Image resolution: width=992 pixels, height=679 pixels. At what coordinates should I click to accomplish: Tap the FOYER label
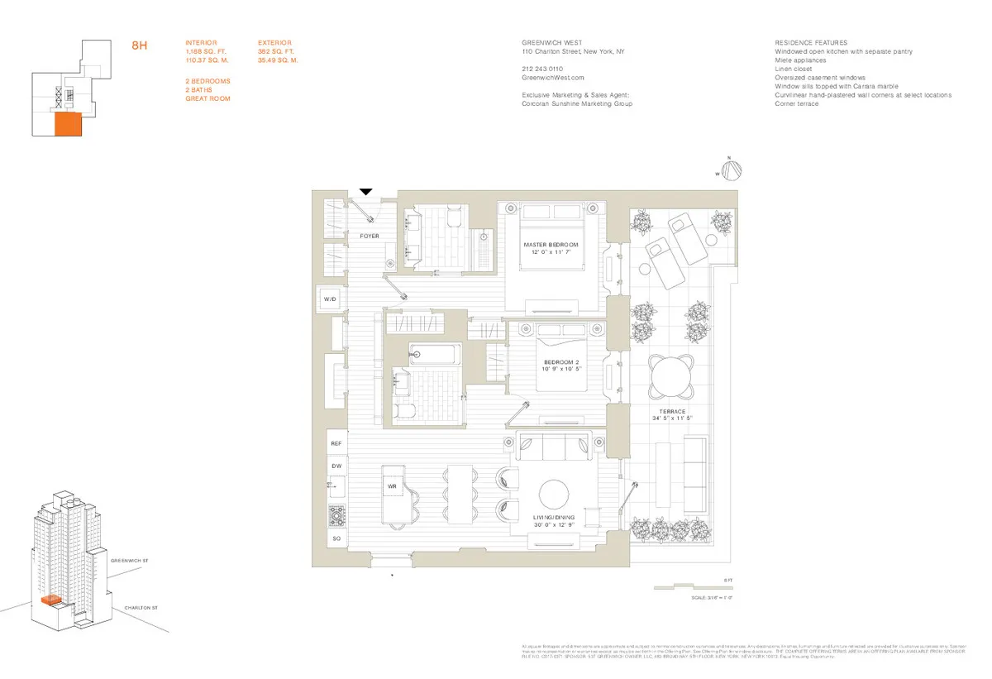tap(369, 236)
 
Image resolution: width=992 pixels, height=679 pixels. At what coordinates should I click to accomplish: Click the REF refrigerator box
tap(336, 444)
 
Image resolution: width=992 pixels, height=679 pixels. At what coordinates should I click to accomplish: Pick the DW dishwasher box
tap(336, 466)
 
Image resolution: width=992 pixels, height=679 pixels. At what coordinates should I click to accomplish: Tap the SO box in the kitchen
tap(336, 539)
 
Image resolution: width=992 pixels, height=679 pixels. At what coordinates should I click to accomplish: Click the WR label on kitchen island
tap(393, 486)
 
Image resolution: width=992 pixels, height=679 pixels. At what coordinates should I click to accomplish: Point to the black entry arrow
tap(365, 192)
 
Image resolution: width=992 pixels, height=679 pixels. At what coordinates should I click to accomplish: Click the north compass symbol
tap(732, 170)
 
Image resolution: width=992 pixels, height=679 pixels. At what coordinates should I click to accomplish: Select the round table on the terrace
tap(670, 377)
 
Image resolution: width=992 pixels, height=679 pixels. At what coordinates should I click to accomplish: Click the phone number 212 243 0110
tap(542, 69)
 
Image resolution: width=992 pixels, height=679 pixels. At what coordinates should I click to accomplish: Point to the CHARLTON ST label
tap(141, 609)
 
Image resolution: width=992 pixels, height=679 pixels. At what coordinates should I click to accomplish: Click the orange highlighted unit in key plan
tap(67, 125)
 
